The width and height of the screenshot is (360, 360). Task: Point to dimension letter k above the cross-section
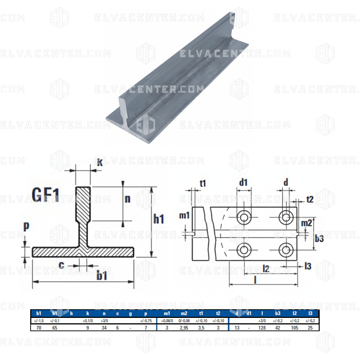click(100, 162)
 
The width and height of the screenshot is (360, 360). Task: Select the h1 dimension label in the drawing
click(159, 219)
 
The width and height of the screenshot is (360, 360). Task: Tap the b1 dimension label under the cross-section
click(103, 276)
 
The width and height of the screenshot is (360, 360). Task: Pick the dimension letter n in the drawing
click(127, 199)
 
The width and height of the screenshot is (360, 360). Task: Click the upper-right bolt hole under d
click(286, 217)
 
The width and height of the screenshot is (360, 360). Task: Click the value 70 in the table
click(39, 328)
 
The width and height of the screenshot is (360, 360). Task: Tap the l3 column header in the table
click(310, 313)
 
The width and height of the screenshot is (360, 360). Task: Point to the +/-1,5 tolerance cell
click(39, 320)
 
